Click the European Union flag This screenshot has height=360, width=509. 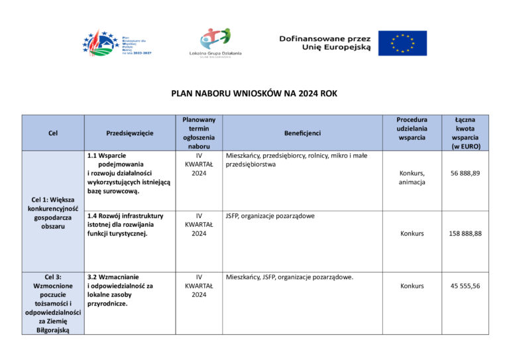point(402,43)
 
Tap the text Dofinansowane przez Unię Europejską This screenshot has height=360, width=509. point(325,43)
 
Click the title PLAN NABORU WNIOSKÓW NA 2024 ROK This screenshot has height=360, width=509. point(254,93)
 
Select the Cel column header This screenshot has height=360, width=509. point(53,133)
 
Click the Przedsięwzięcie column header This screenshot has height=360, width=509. point(130,133)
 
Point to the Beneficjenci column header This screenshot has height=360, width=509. point(302,133)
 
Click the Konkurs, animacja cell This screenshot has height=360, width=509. point(412,178)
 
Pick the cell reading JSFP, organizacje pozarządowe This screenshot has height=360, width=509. point(270,216)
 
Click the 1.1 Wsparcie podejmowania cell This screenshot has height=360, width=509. point(129,173)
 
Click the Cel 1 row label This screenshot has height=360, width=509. point(53,213)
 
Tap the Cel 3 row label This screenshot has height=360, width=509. point(53,303)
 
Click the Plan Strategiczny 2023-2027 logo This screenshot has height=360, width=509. point(117,43)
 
